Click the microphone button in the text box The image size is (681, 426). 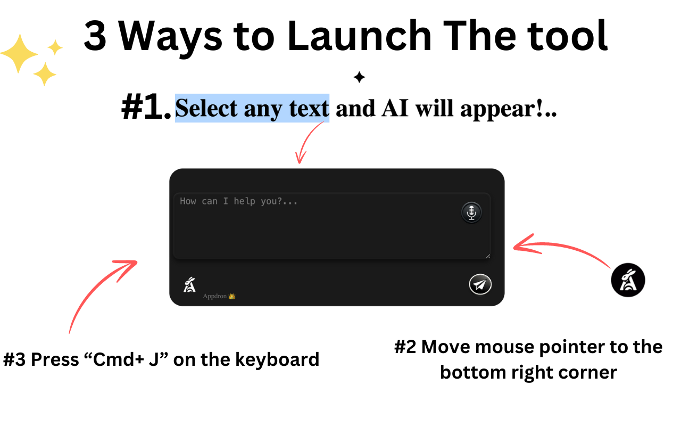point(471,212)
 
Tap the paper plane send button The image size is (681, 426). point(480,284)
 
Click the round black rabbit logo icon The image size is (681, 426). point(628,280)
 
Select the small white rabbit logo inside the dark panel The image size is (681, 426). point(190,285)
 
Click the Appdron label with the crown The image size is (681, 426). point(219,296)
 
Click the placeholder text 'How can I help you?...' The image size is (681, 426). point(239,201)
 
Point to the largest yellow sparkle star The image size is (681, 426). point(19,54)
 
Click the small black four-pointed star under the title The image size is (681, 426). point(359,77)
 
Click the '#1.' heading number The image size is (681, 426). point(146,107)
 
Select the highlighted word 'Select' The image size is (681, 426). point(206,108)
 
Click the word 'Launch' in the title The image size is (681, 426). point(359,36)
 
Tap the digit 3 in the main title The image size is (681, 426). point(95,36)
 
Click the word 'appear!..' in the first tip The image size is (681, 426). point(508,110)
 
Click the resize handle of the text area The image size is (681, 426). point(488,256)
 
